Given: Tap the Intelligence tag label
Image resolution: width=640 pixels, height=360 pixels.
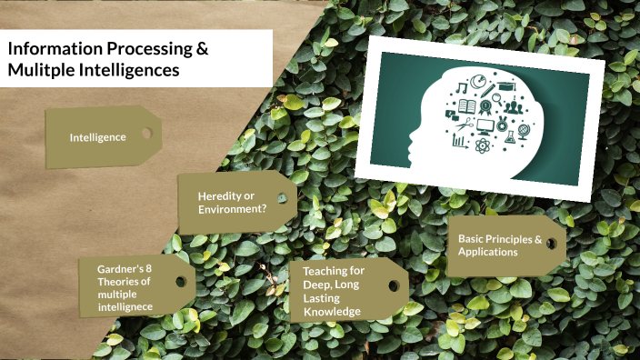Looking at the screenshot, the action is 97,137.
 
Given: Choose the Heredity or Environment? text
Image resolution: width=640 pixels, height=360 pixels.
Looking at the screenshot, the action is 232,202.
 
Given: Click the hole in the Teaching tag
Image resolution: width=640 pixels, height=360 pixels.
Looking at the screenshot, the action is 394,285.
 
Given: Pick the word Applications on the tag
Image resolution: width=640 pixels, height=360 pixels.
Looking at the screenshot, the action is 487,252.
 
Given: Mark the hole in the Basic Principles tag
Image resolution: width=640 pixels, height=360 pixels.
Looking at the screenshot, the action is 549,244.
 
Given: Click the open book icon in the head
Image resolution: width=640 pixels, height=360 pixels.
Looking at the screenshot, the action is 467,107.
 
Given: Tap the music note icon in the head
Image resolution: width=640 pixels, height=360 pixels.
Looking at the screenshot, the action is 463,89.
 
